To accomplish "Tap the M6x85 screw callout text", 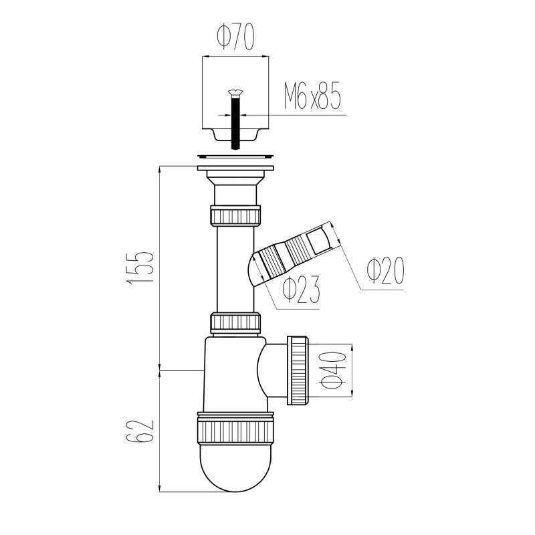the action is pos(312,96).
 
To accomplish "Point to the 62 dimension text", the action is pos(140,430).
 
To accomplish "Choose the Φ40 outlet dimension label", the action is pos(333,371).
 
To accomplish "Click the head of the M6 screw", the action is pos(235,92).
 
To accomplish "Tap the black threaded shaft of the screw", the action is pos(235,122).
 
